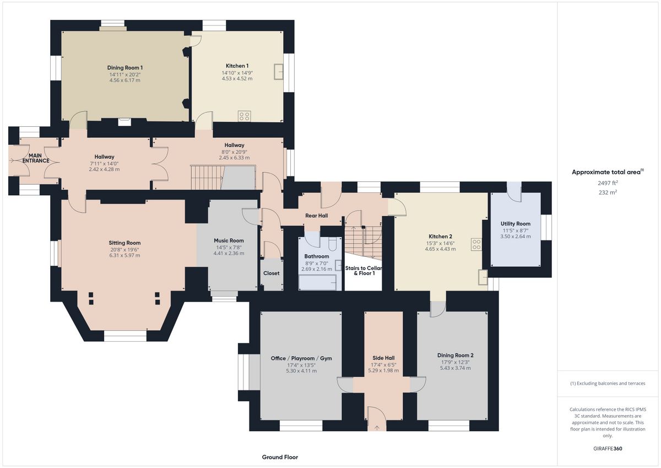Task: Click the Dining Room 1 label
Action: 125,68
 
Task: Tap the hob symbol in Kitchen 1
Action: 245,116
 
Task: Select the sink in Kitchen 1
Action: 279,72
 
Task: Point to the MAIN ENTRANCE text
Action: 36,158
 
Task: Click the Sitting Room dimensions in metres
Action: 124,255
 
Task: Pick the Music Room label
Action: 229,241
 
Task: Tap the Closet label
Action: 271,273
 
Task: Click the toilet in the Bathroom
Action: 332,244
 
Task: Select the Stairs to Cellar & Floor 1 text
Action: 364,271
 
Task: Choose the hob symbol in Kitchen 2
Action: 476,244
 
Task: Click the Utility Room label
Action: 515,224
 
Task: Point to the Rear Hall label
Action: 316,216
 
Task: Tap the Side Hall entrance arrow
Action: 377,428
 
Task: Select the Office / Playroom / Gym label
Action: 301,358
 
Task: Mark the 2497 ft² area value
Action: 608,183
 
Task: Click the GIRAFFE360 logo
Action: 608,449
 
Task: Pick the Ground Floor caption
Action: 280,457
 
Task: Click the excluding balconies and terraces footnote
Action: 608,384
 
